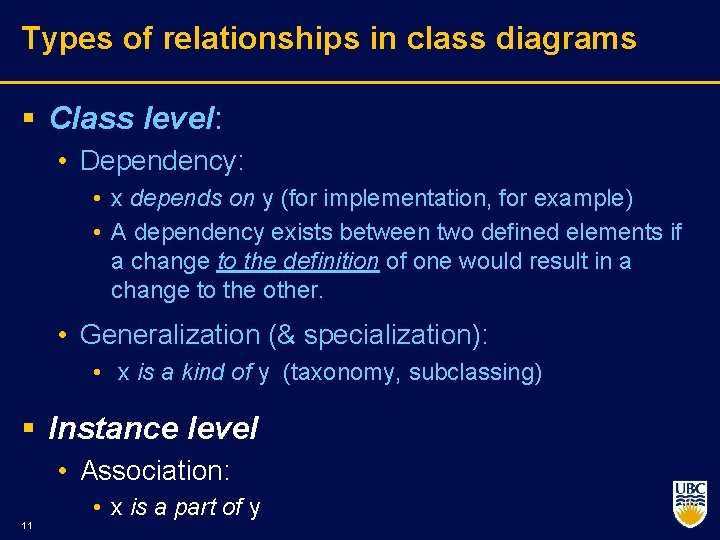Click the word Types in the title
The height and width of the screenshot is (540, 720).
(59, 39)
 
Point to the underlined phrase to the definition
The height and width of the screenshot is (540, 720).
(298, 262)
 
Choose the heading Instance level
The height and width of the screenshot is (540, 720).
(153, 429)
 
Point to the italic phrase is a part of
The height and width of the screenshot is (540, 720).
(186, 508)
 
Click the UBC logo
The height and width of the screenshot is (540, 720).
(689, 503)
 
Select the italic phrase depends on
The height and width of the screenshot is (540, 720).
(192, 198)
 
